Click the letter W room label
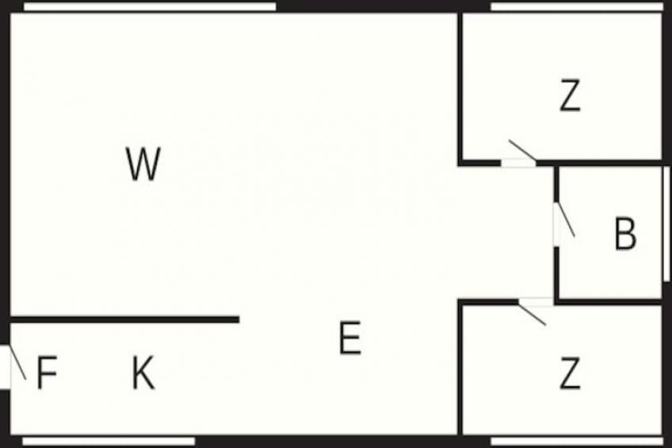143,163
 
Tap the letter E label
350,339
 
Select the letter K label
143,373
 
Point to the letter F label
47,373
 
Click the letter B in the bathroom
625,234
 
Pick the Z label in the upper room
571,96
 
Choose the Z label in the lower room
571,373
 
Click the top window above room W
150,6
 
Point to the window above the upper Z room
576,6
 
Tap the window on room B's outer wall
666,224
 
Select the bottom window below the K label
109,441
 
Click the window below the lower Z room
576,441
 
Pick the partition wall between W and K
124,320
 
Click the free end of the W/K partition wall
239,320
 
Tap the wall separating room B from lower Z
609,302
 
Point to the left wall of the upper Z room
460,88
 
